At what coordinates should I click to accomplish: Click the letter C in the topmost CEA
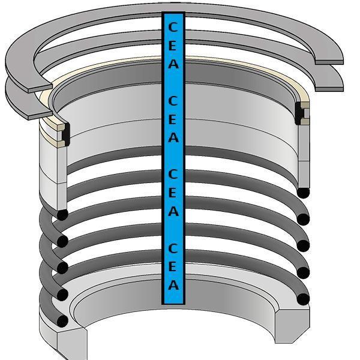pos(173,28)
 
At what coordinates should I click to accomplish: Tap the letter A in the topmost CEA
pos(173,64)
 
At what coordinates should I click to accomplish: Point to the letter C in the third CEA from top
pos(173,175)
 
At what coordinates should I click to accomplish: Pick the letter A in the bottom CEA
pos(173,285)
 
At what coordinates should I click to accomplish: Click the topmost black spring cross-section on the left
pos(62,215)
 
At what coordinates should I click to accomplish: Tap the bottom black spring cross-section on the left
pos(62,321)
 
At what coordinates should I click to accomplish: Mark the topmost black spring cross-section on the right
pos(304,193)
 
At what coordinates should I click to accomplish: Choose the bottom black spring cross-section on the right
pos(304,299)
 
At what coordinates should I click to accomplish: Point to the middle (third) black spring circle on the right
pos(304,245)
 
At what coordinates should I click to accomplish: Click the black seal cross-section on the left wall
pos(64,133)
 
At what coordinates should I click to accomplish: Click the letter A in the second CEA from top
pos(173,137)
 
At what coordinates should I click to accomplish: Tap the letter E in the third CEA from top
pos(173,193)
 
